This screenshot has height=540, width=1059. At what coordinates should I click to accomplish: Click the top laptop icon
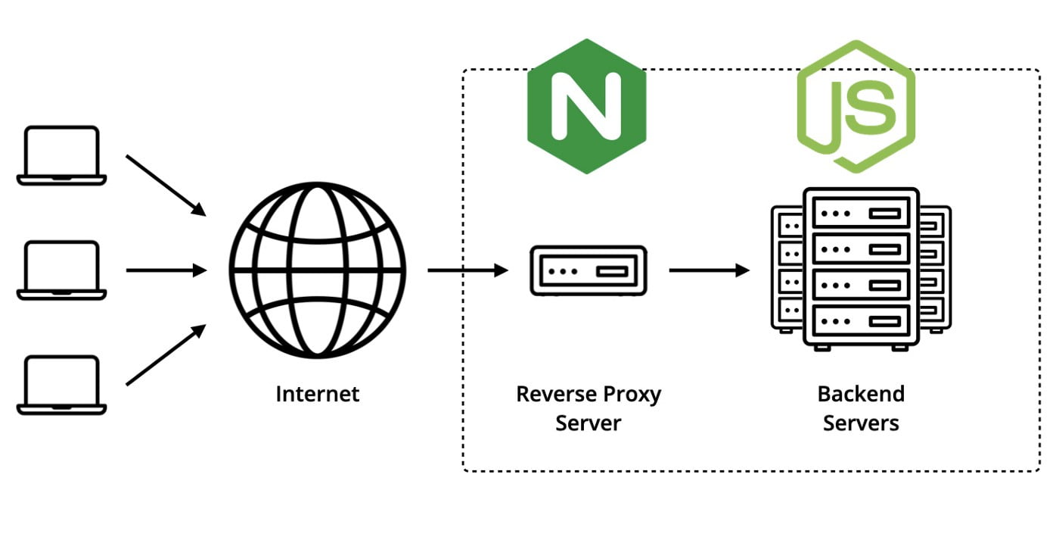(x=61, y=155)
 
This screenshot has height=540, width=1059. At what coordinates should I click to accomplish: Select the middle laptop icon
(x=61, y=270)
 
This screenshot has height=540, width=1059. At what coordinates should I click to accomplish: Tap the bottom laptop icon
(x=61, y=385)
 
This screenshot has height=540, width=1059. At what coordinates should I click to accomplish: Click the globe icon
(x=318, y=270)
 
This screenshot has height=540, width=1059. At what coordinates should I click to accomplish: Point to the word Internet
(x=318, y=394)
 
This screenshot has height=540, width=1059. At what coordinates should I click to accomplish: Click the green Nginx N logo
(x=587, y=106)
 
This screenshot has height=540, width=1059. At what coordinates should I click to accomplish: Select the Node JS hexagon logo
(x=856, y=106)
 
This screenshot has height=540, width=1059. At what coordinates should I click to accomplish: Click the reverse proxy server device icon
(x=588, y=270)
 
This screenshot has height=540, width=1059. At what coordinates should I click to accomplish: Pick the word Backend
(x=861, y=394)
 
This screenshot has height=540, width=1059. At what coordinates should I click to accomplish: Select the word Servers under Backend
(x=861, y=423)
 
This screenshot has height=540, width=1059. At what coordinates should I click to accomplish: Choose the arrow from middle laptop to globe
(x=166, y=270)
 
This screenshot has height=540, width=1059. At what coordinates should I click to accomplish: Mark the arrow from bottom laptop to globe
(x=166, y=355)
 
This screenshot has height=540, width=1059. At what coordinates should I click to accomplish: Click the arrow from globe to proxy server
(x=467, y=270)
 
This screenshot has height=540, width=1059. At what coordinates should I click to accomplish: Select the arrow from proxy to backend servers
(x=709, y=270)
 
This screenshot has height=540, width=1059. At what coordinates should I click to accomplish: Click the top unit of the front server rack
(x=861, y=214)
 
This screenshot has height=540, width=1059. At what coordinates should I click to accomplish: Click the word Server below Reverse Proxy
(x=588, y=423)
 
